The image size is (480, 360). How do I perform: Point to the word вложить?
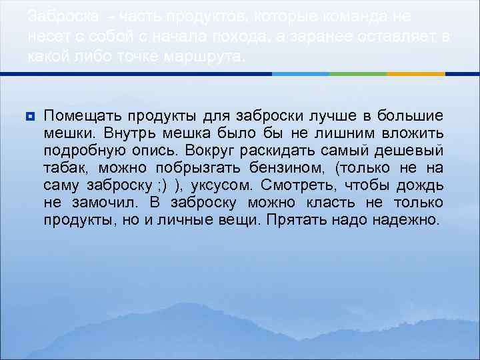[x=413, y=133]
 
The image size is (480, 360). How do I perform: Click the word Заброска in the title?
[x=59, y=14]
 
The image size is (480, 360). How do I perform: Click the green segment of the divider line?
[x=360, y=73]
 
